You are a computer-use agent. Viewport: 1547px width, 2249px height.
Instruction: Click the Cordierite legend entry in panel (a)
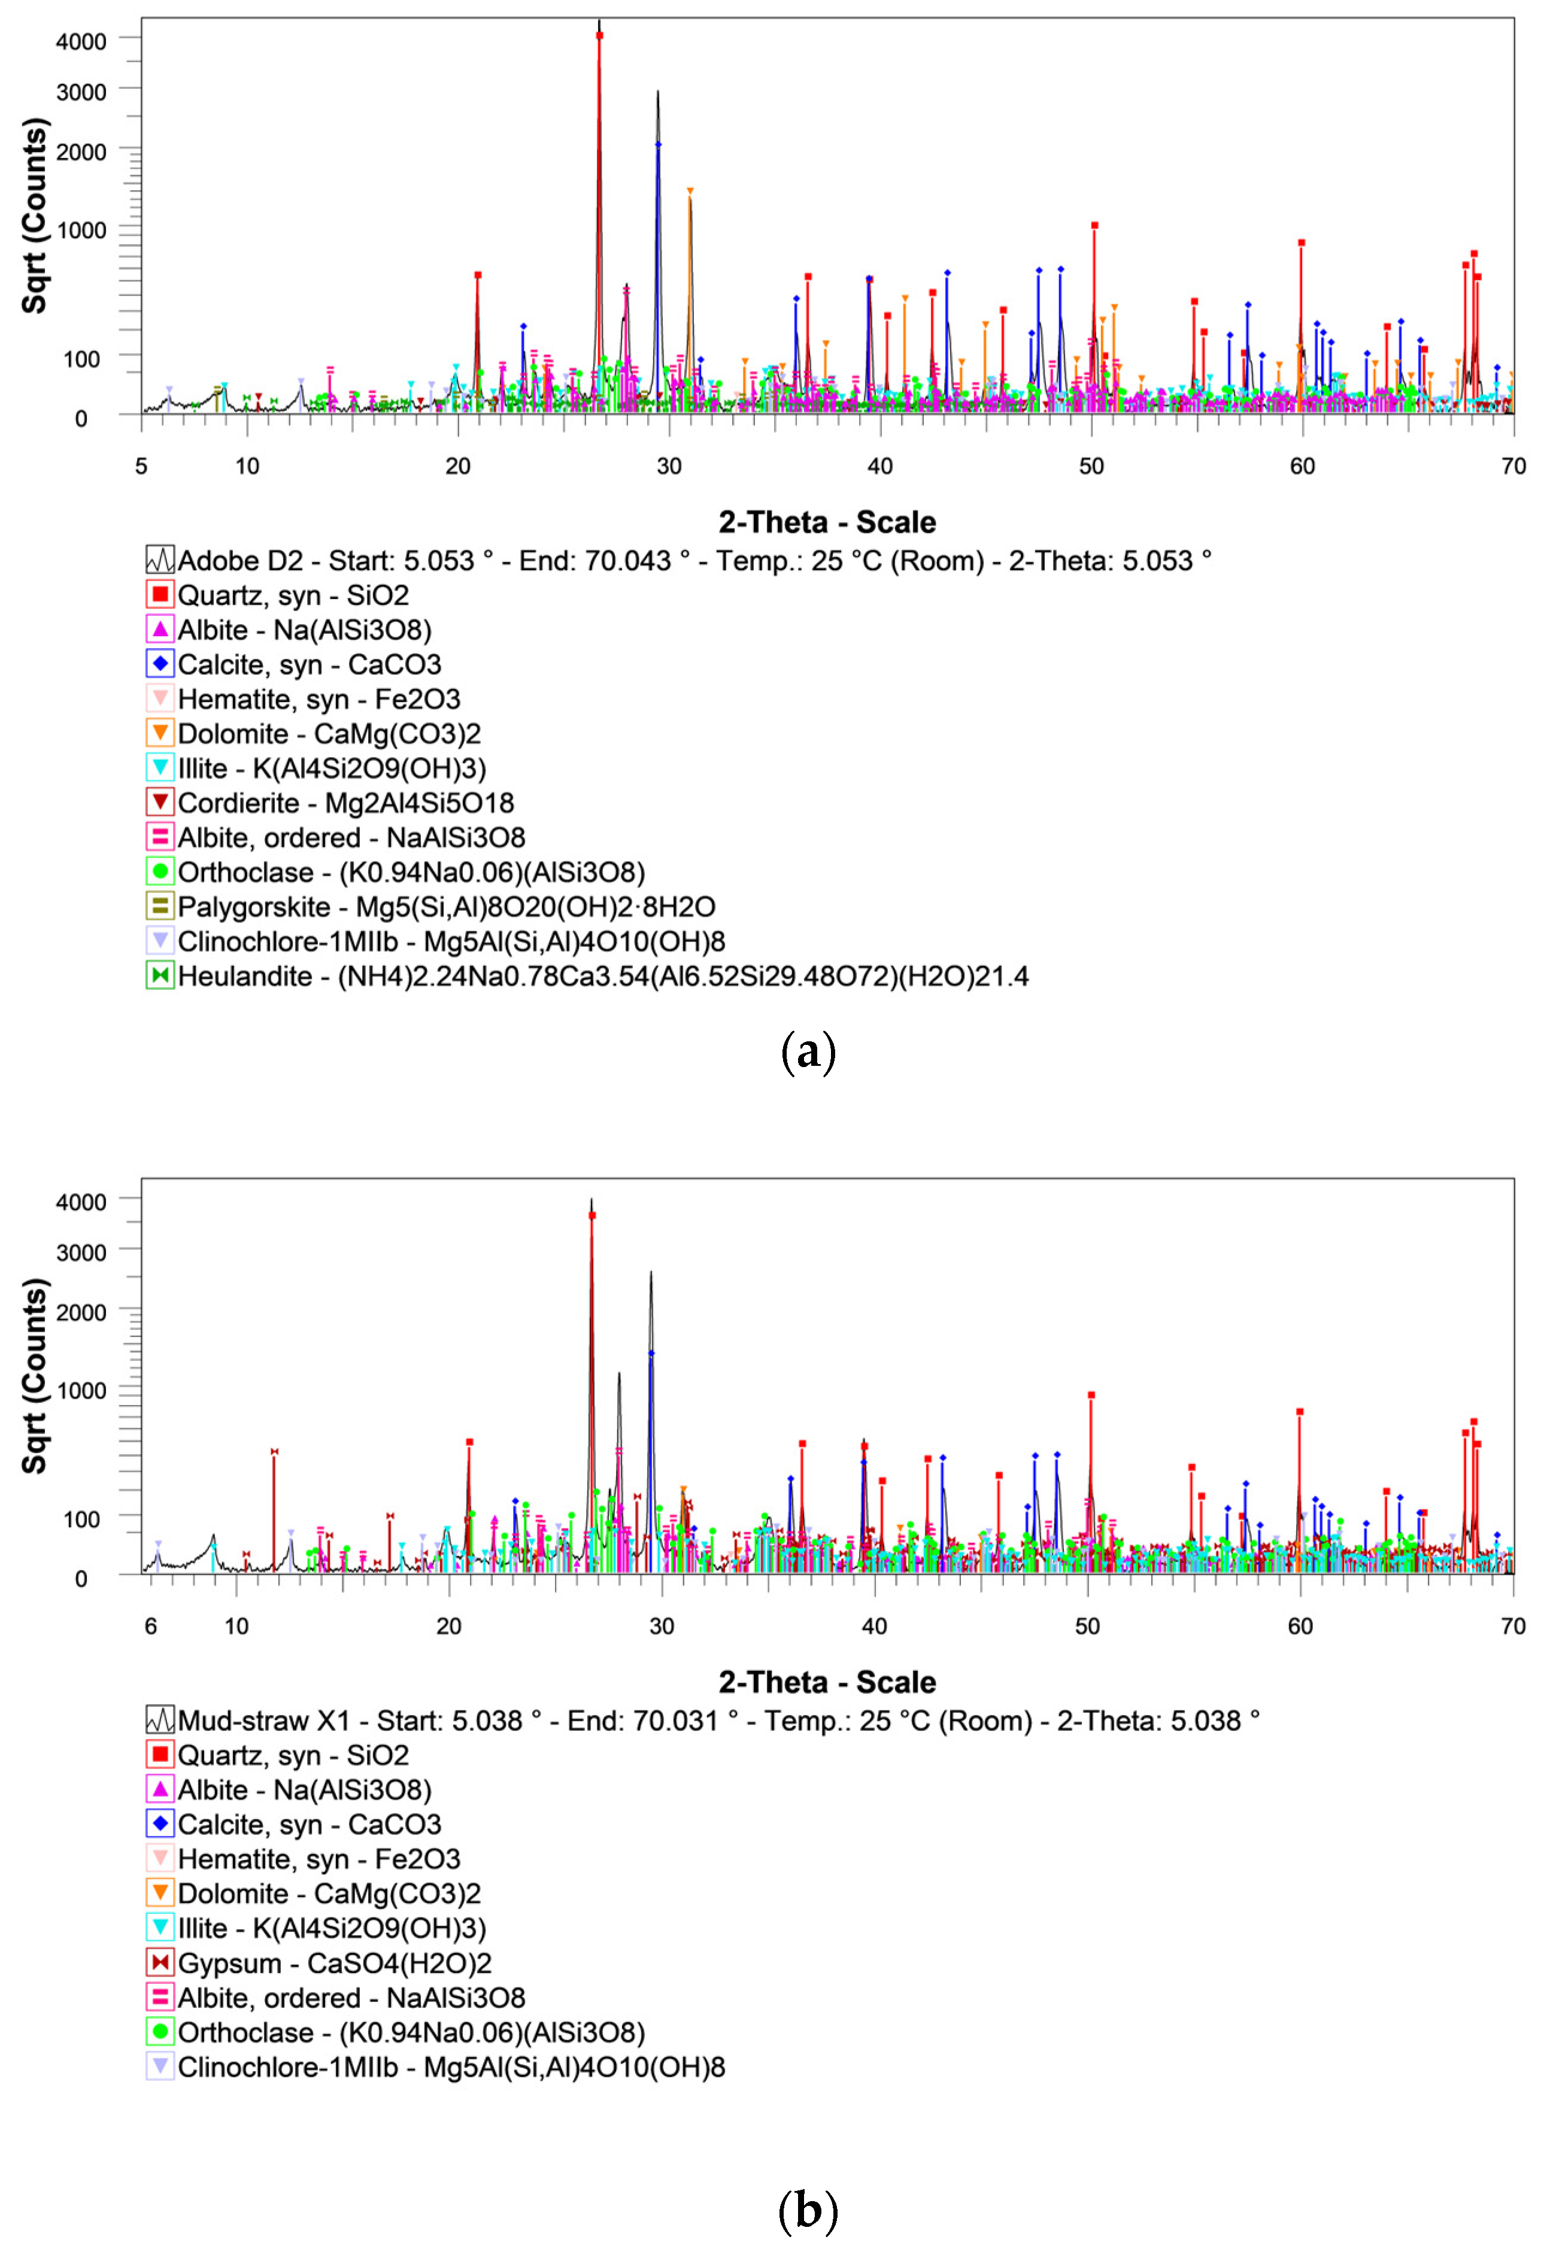coord(345,803)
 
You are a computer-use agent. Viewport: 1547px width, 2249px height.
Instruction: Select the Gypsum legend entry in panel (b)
coord(333,1963)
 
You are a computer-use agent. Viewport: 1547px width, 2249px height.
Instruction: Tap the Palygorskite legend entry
coord(446,907)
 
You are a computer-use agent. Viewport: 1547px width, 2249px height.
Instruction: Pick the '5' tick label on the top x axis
coord(141,466)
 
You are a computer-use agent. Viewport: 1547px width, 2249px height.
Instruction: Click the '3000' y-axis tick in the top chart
coord(81,92)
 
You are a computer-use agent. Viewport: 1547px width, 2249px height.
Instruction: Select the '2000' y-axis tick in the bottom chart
coord(81,1312)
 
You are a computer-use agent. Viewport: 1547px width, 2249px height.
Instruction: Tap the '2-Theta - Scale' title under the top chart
coord(827,522)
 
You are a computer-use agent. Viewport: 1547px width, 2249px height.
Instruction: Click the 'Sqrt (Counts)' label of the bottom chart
coord(35,1376)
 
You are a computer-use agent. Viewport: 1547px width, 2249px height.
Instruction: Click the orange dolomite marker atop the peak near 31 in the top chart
coord(690,191)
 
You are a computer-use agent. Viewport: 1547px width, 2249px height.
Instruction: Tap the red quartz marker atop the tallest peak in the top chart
coord(599,36)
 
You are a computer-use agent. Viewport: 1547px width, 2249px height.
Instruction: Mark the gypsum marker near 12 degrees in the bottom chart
coord(274,1451)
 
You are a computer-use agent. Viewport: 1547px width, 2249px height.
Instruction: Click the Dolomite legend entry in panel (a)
coord(329,734)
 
